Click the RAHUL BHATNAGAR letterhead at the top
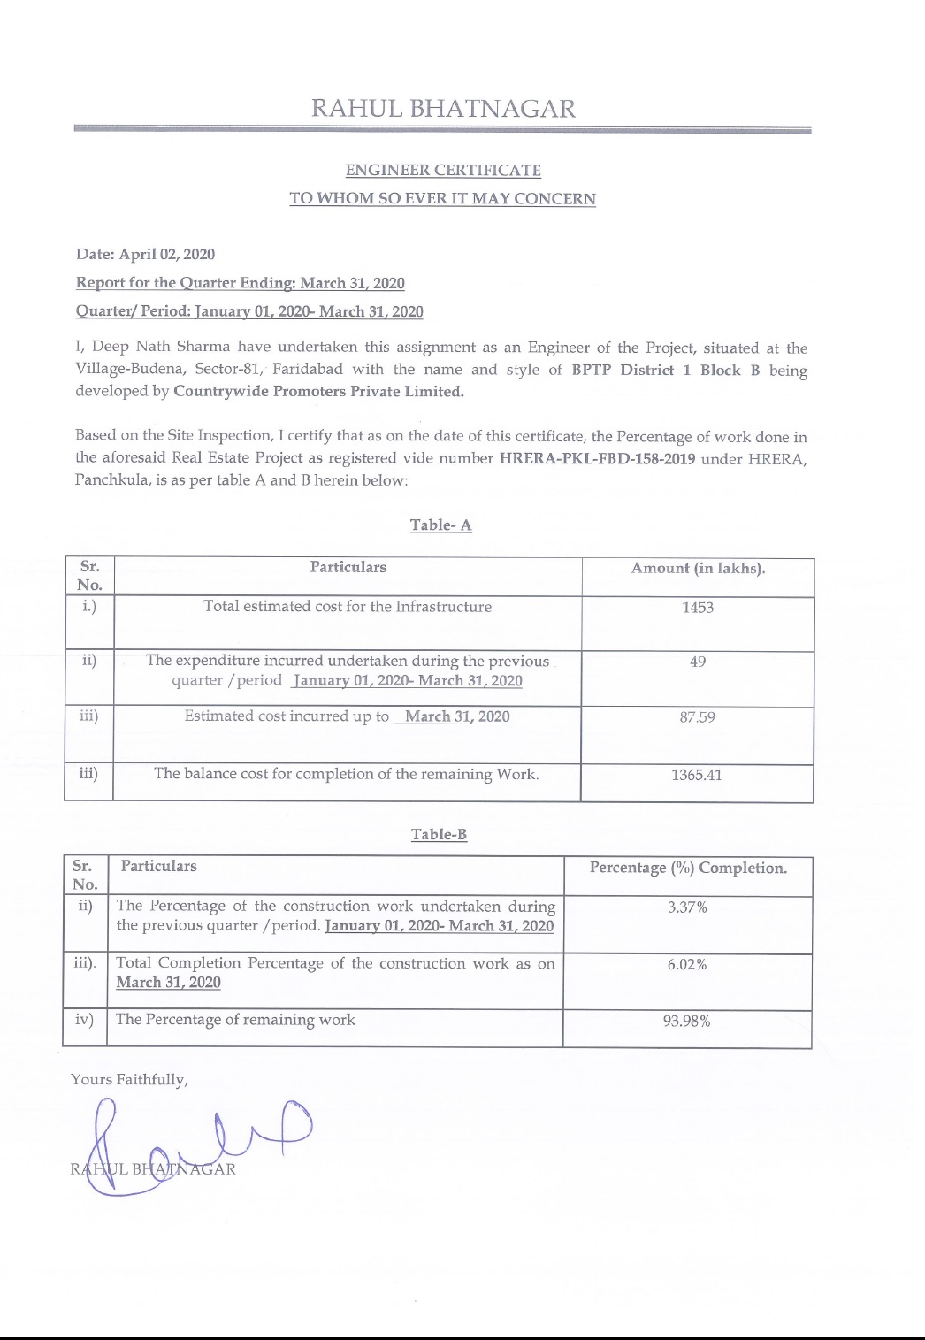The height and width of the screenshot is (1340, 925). tap(443, 109)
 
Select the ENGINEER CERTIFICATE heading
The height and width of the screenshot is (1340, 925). tap(443, 170)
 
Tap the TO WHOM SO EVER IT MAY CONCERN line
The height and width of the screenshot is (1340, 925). tap(442, 198)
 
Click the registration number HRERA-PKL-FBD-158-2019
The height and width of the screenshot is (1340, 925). tap(597, 458)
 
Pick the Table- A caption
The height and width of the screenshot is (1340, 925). tap(440, 525)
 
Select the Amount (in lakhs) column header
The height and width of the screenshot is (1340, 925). tap(698, 569)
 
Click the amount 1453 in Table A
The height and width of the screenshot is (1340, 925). tap(697, 608)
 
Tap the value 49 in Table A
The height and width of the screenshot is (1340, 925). tap(697, 662)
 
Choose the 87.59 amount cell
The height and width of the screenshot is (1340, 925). tap(697, 717)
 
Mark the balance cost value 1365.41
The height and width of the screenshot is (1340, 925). tap(696, 775)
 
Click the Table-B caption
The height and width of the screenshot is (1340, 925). tap(439, 834)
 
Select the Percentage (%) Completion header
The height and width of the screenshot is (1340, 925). tap(688, 868)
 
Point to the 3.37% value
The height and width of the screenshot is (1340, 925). tap(687, 907)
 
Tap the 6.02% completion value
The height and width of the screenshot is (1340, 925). tap(687, 964)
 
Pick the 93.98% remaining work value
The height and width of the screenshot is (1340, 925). tap(686, 1022)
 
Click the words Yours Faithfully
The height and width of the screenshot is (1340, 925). tap(129, 1080)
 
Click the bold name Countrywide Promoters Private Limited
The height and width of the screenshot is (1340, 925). tap(318, 392)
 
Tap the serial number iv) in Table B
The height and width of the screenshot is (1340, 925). tap(84, 1020)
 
